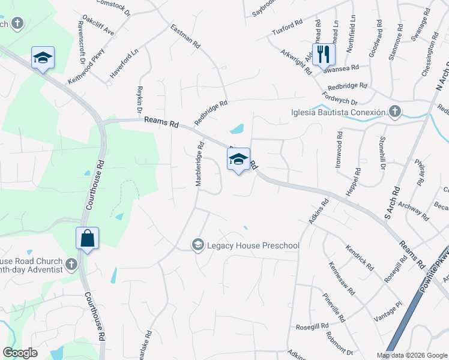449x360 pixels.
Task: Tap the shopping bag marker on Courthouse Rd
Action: [88, 238]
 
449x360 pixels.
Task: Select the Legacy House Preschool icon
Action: [197, 245]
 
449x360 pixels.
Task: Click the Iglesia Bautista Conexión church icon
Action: [394, 112]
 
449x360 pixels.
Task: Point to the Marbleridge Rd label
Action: [199, 163]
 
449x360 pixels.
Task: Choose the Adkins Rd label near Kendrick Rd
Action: [319, 212]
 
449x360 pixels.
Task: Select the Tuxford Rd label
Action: [287, 27]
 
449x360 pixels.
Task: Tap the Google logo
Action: [20, 353]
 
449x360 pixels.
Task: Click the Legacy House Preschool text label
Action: [253, 245]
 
